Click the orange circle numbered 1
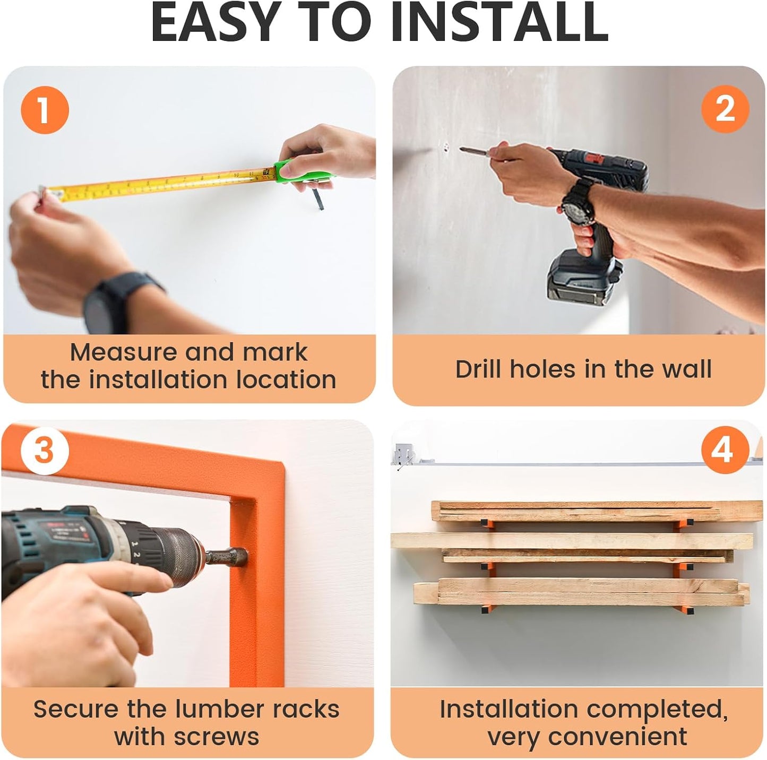pyautogui.click(x=45, y=110)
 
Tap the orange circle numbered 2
pyautogui.click(x=725, y=110)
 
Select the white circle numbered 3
pyautogui.click(x=45, y=451)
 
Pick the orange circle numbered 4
pyautogui.click(x=725, y=451)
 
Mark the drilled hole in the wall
pyautogui.click(x=445, y=146)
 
